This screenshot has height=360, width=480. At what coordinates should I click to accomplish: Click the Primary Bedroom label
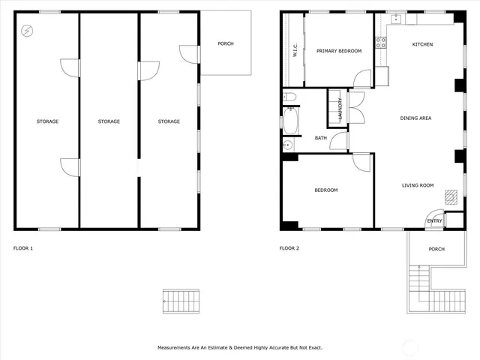tap(339, 51)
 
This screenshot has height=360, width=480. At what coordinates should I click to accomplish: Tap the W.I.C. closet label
tap(294, 52)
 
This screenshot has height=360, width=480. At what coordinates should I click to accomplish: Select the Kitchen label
tap(422, 44)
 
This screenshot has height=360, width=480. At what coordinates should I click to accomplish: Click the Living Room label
tap(418, 185)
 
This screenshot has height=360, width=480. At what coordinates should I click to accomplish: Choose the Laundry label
tap(340, 109)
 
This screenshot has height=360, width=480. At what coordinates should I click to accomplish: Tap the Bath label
tap(320, 138)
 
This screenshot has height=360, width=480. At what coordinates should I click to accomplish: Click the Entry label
tap(434, 221)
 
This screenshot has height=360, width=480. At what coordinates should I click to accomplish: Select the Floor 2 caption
tap(289, 248)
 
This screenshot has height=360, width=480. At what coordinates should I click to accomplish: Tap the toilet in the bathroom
tap(290, 97)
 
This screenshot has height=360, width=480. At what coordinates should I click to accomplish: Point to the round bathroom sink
tap(287, 145)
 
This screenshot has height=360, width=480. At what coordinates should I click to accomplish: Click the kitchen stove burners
tap(380, 40)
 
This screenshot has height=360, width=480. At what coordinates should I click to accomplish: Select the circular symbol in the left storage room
tap(28, 31)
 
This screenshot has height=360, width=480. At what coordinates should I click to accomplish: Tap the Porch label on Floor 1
tap(226, 43)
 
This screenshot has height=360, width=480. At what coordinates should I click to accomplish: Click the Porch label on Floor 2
tap(436, 249)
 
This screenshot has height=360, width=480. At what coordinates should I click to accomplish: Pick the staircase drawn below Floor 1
tap(181, 301)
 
